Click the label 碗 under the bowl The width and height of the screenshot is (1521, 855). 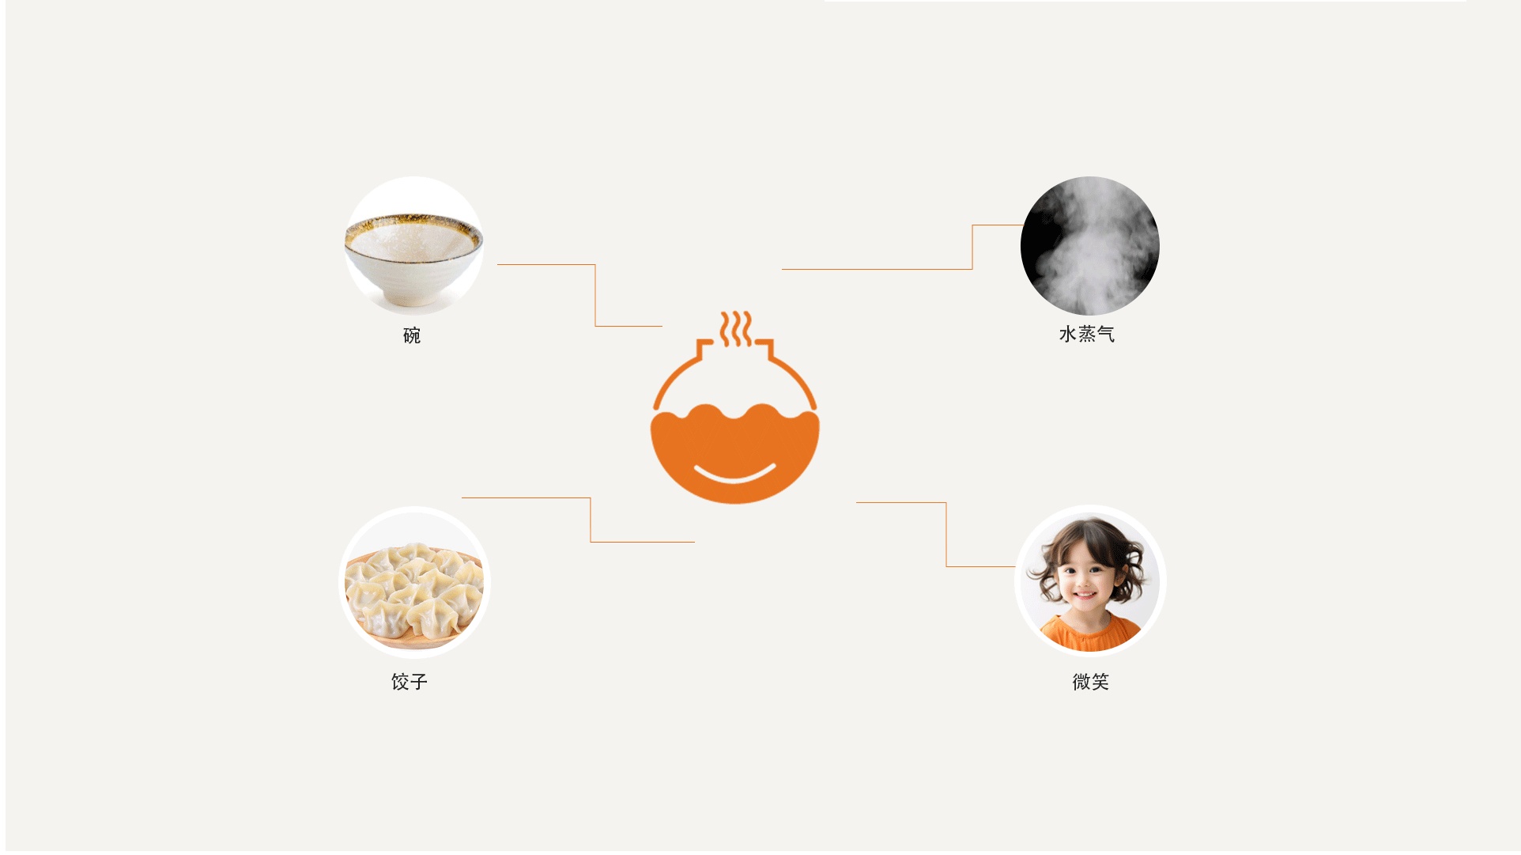[412, 335]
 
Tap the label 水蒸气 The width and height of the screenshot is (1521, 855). [1087, 335]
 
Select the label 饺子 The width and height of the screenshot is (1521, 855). [409, 682]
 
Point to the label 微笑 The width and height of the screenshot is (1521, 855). [1091, 682]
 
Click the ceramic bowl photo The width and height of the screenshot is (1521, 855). [413, 245]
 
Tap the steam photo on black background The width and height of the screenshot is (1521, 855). [1090, 246]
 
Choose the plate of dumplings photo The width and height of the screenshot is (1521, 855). [414, 583]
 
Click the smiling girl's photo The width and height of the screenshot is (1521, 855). [1090, 581]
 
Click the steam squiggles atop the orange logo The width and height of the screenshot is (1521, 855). [736, 328]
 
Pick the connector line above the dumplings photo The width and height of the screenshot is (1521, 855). [591, 519]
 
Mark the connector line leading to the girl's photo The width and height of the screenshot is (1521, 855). [946, 535]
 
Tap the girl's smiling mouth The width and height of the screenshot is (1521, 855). [1085, 595]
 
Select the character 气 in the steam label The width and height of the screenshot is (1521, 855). [1106, 335]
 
